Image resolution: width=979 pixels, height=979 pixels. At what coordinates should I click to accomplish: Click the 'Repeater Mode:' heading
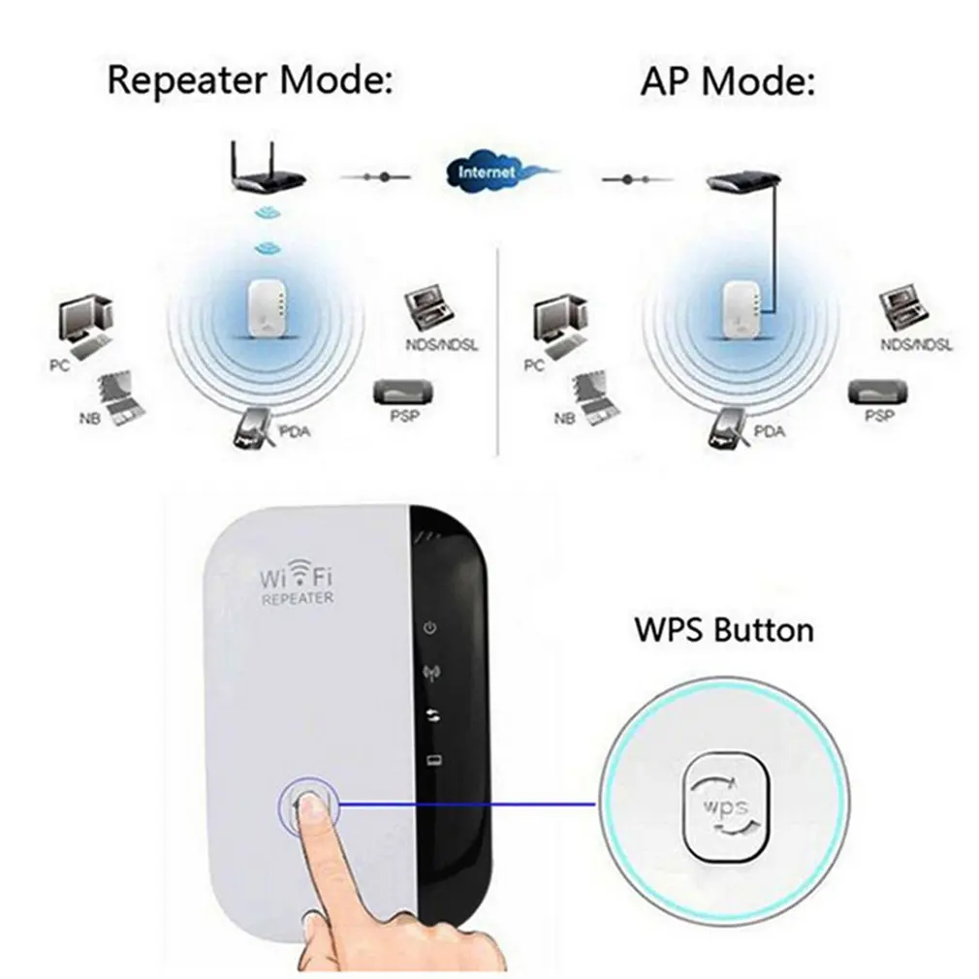point(250,80)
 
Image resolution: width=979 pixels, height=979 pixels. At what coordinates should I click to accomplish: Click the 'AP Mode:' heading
point(726,82)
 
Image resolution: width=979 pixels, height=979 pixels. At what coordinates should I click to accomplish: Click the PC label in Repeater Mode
point(57,367)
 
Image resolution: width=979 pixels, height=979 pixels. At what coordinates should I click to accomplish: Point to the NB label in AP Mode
point(564,420)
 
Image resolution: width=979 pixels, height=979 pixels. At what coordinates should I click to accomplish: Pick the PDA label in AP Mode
point(768,430)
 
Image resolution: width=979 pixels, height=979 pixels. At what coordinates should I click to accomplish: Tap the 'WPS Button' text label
point(724,630)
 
